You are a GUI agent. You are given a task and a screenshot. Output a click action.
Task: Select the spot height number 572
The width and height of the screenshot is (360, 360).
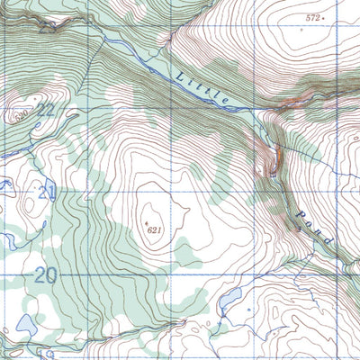point(312,17)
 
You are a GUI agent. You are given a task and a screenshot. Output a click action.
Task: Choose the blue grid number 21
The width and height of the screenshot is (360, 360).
point(47,192)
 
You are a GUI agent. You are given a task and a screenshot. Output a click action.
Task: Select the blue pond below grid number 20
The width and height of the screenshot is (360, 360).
point(27,322)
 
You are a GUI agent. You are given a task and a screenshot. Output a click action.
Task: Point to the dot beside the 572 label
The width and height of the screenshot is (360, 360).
point(325,18)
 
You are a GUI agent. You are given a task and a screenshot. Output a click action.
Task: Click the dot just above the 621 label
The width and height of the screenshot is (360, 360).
point(147,219)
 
